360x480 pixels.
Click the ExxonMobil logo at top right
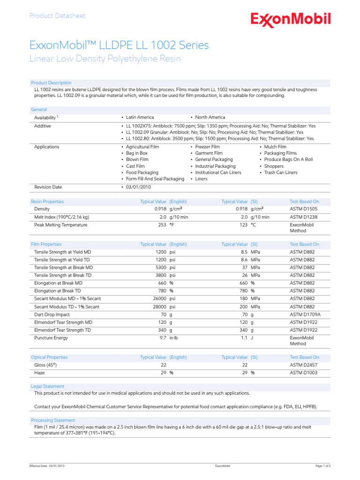[x=290, y=20]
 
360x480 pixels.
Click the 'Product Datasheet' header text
[x=58, y=16]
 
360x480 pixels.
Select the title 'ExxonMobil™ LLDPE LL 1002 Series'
[x=119, y=45]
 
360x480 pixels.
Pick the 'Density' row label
[x=42, y=209]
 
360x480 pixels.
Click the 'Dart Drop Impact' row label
[x=52, y=315]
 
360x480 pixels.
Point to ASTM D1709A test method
[x=305, y=315]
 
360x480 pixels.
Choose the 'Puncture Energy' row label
[x=51, y=337]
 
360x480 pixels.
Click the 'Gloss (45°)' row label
[x=45, y=365]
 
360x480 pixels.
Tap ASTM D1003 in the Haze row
[x=303, y=373]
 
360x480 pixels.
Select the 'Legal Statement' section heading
[x=47, y=386]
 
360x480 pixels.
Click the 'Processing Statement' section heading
[x=53, y=420]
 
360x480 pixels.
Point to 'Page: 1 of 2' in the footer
[x=323, y=466]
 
